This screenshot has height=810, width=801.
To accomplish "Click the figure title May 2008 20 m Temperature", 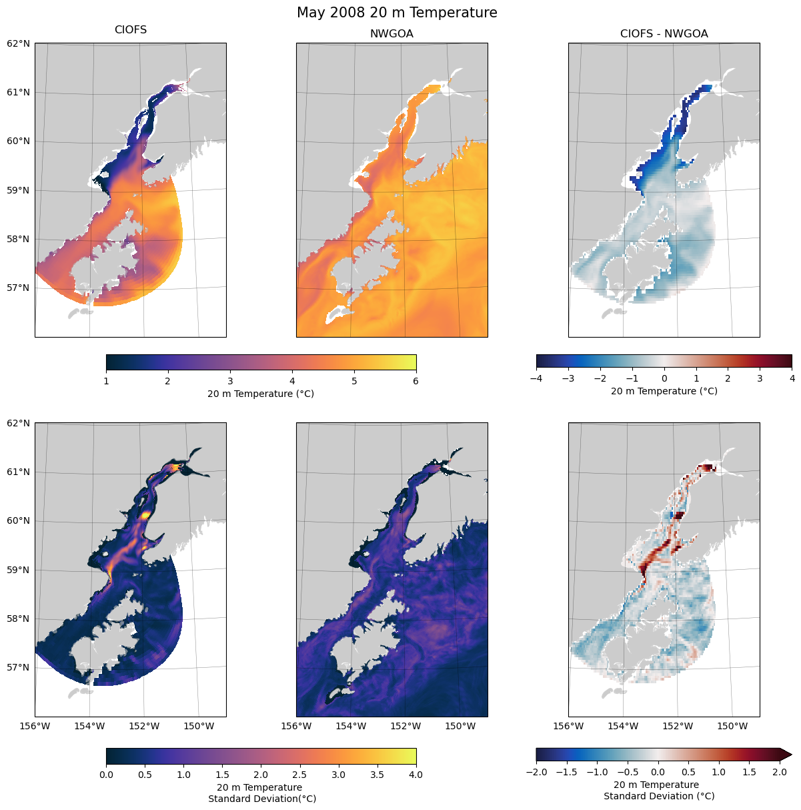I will pos(397,13).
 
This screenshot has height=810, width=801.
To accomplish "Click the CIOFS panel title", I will pos(131,30).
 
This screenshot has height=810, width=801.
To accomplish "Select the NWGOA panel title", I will pos(391,34).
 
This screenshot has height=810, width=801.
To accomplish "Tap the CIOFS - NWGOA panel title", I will pos(664,34).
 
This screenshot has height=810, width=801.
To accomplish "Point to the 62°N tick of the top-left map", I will pos(19,43).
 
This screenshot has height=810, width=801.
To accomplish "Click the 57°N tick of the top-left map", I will pos(19,288).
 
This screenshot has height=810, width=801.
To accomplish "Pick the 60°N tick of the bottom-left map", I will pos(19,521).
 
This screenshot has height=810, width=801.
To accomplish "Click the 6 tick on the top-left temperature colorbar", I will pos(416,381).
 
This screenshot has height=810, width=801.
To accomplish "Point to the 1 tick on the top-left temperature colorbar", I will pos(106,381).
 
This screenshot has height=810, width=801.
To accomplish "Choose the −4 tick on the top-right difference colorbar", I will pos(536,378).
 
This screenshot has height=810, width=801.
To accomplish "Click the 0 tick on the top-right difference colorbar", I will pos(664,378).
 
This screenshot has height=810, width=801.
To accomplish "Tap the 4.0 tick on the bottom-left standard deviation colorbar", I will pos(416,775).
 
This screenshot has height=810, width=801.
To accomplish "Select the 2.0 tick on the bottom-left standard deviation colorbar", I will pos(261,775).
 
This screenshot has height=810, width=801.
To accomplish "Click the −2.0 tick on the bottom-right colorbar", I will pos(536,772).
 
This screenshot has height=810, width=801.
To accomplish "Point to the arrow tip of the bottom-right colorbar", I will pos(791,754).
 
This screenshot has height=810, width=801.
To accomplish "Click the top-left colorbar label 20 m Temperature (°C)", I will pos(261,394).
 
